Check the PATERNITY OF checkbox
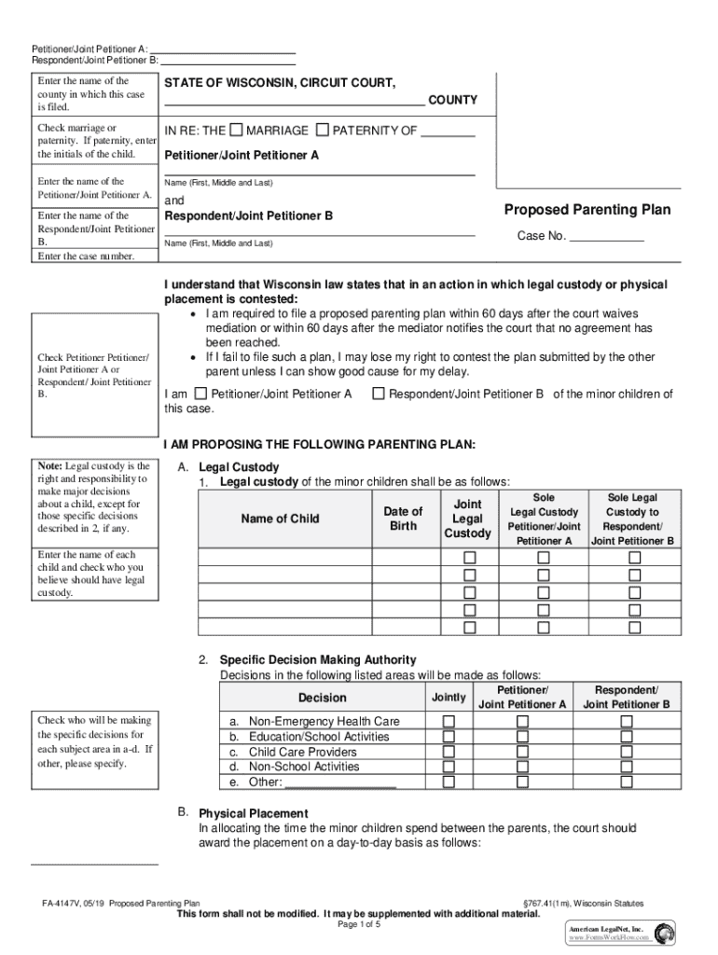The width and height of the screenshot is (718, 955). click(x=323, y=130)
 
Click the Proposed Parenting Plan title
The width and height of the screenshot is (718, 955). click(x=587, y=210)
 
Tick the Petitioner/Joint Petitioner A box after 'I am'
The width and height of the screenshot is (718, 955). click(x=204, y=394)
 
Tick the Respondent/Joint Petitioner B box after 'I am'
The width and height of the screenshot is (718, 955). click(x=378, y=394)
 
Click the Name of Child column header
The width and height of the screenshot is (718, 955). click(x=280, y=519)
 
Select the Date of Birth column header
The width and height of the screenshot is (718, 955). click(x=403, y=519)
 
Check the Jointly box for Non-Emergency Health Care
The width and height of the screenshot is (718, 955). click(x=449, y=722)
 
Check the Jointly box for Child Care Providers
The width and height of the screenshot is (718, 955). click(x=449, y=752)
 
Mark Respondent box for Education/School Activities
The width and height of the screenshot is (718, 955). click(x=626, y=737)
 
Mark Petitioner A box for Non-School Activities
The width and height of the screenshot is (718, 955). click(x=521, y=767)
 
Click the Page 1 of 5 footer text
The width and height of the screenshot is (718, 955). click(x=359, y=925)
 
